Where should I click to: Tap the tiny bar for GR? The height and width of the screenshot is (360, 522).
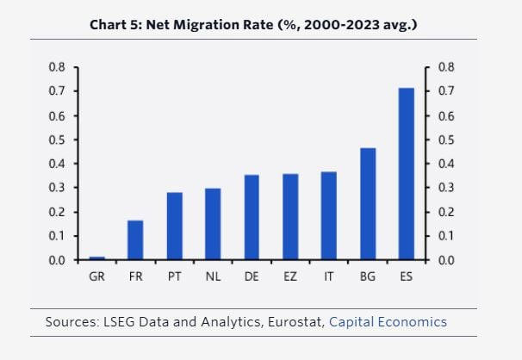click(97, 258)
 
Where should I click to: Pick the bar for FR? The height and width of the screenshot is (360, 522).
click(135, 240)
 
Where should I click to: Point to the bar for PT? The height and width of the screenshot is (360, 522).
click(174, 226)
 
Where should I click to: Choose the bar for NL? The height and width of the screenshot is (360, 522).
click(213, 224)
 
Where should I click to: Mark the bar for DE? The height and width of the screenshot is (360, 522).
click(252, 217)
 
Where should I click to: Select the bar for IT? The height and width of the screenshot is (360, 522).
click(329, 216)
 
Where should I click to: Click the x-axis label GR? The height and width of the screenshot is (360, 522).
click(97, 277)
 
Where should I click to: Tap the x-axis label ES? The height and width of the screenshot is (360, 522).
click(407, 277)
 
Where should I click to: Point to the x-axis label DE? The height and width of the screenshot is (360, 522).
click(252, 277)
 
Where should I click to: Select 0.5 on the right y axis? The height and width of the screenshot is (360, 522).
click(446, 140)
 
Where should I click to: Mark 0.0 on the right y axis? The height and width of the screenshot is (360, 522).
click(446, 260)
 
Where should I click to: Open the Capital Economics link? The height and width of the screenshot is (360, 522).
click(388, 322)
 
